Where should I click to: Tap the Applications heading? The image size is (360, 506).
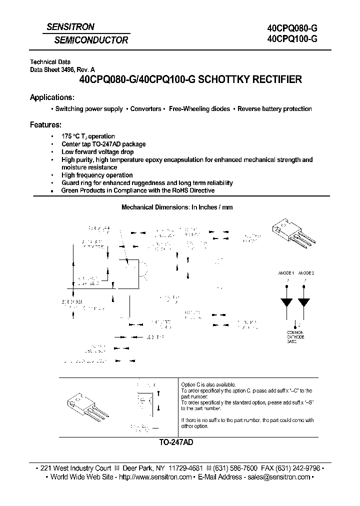(52, 97)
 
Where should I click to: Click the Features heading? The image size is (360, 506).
(46, 124)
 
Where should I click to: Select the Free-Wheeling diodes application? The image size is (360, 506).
(199, 109)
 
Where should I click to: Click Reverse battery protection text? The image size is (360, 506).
(274, 109)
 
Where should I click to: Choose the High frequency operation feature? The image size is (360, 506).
(97, 175)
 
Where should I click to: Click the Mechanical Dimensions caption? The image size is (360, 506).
(177, 207)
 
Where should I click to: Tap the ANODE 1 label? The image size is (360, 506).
(286, 273)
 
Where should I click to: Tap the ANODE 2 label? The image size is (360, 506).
(306, 273)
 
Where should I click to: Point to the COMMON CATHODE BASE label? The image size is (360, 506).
(295, 337)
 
